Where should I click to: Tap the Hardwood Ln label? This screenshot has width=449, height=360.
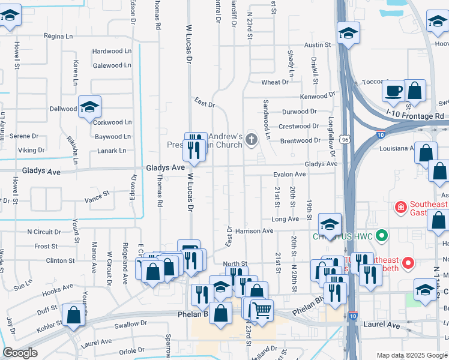click(x=112, y=52)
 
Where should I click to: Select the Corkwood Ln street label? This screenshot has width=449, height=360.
click(x=112, y=122)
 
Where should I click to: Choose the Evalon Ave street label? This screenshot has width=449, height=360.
click(x=289, y=175)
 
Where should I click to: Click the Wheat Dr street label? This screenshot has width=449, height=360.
click(x=274, y=82)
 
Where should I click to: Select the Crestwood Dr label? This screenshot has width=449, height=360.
click(x=299, y=127)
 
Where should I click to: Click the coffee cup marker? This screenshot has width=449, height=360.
click(x=394, y=91)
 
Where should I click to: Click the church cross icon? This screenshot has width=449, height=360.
click(x=251, y=141)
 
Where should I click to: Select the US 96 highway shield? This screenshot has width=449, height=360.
click(x=345, y=140)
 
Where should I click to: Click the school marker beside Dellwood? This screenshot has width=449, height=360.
click(x=89, y=107)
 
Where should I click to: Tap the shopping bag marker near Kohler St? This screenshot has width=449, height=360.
click(x=73, y=314)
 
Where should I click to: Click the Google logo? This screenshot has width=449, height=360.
click(x=20, y=353)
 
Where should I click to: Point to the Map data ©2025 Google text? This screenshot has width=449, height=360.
click(x=411, y=355)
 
